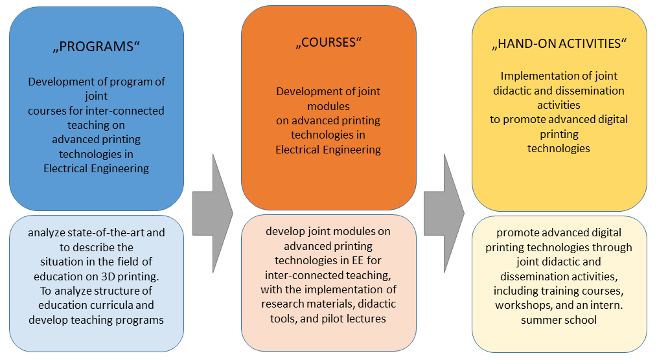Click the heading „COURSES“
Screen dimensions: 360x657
(x=328, y=42)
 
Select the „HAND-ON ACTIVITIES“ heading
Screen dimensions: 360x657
(x=559, y=44)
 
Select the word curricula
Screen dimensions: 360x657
(x=114, y=304)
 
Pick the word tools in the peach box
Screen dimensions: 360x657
(x=284, y=318)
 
